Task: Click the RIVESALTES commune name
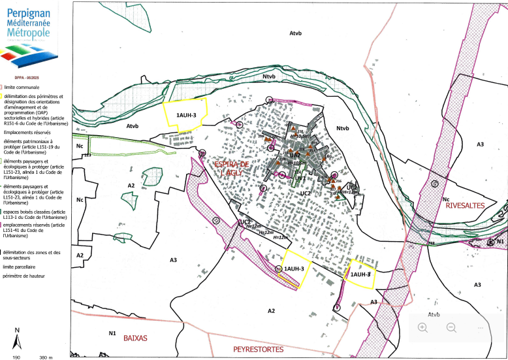(x=469, y=206)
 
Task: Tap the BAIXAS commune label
(x=136, y=338)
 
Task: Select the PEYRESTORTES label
(x=259, y=350)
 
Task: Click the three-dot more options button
(x=481, y=327)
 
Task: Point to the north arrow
(x=16, y=340)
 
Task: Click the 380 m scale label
(x=45, y=357)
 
